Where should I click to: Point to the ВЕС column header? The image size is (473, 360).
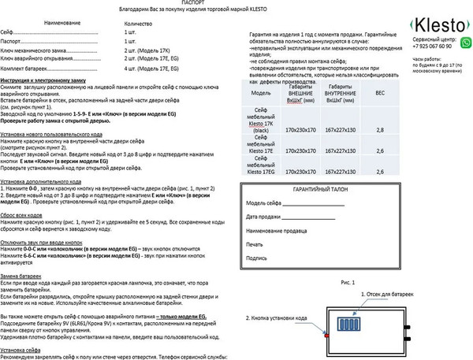(379, 92)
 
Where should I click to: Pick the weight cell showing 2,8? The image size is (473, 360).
(379, 129)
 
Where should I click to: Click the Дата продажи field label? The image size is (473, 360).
(262, 217)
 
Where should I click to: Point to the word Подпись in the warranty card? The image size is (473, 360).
(256, 257)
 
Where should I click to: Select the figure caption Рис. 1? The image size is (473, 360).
(348, 281)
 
